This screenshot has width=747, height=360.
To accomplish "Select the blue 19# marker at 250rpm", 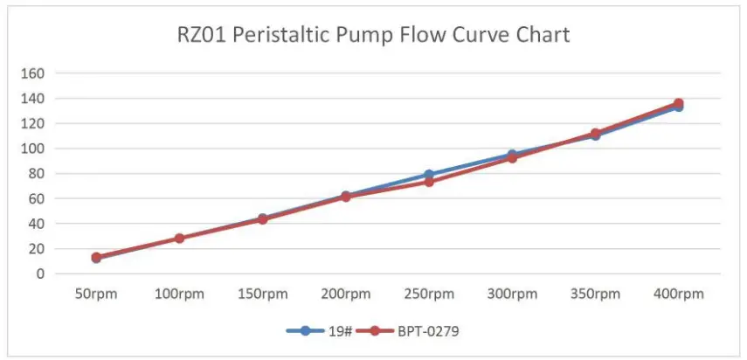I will point(429,175).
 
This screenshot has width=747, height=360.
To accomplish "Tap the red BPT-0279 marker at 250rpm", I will point(429,182).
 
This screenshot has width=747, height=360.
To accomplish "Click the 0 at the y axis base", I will point(38,273).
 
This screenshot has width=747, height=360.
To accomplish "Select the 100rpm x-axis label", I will point(179,294).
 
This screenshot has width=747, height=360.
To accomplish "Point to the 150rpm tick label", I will point(262,294).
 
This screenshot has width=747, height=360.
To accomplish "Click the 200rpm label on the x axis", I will point(345,294).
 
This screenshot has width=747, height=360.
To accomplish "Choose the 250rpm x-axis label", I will point(429,294).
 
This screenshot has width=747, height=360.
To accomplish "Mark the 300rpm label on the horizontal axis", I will point(512,294).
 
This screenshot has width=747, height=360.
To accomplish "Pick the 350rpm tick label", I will point(595,294).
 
